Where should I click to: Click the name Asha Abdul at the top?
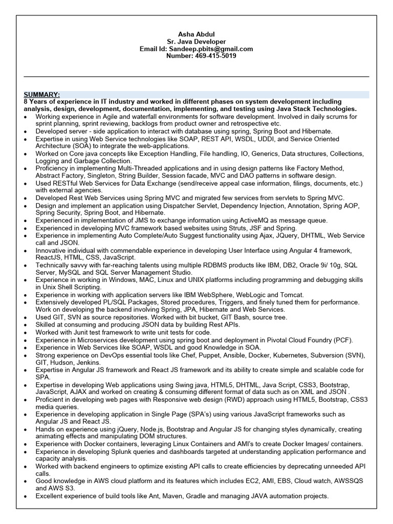(x=196, y=34)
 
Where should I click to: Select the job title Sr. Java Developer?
(x=196, y=41)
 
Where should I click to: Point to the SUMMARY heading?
(x=41, y=95)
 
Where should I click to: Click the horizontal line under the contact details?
(x=196, y=77)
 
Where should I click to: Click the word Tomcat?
(x=293, y=295)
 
